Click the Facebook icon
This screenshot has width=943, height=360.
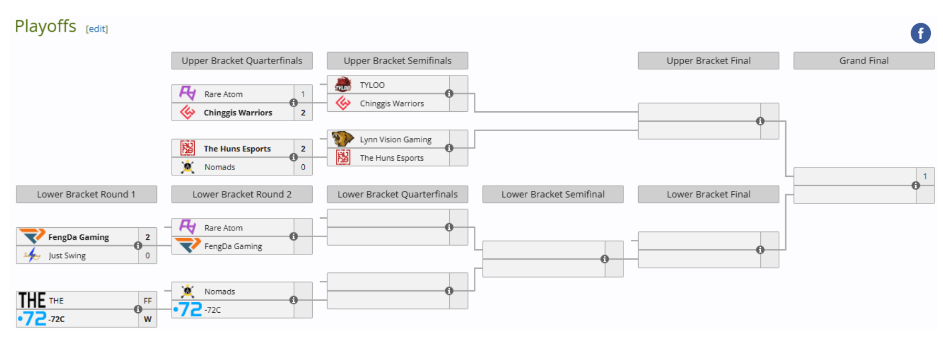coord(920,33)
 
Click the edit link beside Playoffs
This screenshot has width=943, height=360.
coord(97,29)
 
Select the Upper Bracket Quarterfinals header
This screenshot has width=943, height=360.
coord(242,61)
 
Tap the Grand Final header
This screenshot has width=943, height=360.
coord(864,61)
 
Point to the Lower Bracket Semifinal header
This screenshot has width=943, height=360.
coord(553,195)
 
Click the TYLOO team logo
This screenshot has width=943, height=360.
coord(343,84)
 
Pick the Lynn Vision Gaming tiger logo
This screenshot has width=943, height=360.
coord(342,139)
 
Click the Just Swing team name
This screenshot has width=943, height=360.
coord(67,256)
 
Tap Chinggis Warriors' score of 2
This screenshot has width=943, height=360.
coord(303,113)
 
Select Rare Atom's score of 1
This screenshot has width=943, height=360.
coord(303,94)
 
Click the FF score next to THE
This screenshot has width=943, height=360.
coord(147,301)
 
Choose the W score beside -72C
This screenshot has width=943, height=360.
coord(147,319)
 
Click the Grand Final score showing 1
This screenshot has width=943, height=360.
coord(925,176)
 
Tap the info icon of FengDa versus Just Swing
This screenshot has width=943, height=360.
coord(138,246)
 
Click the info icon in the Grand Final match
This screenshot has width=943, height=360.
coord(916,185)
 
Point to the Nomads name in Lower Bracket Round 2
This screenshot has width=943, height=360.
coord(219,292)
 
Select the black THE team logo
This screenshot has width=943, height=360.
coord(32,300)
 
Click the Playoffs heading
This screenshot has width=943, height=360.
coord(46,26)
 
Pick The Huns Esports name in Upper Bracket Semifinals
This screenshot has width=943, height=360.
coord(391,158)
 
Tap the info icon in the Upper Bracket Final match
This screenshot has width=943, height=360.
coord(760,121)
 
